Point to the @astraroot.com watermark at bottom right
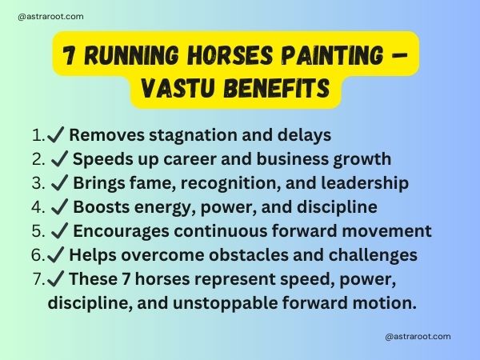(418, 337)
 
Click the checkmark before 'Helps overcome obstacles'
(58, 255)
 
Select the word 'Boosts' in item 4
(100, 207)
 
